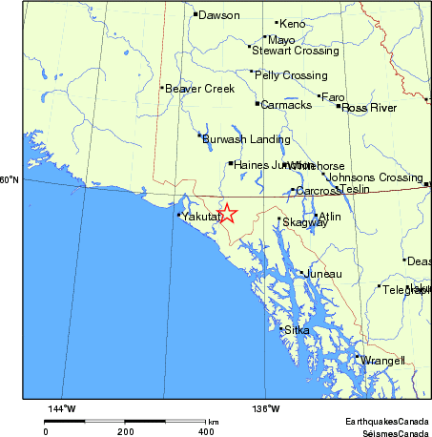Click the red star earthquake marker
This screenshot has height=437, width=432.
(x=227, y=215)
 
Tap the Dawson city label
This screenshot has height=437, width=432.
(x=218, y=14)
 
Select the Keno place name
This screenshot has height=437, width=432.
(x=292, y=23)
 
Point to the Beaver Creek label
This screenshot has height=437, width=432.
(x=199, y=89)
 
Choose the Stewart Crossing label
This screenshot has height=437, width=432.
(x=295, y=50)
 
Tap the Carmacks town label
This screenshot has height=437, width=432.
(x=286, y=105)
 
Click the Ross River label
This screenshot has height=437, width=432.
(x=369, y=108)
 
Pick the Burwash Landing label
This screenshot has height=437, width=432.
(x=246, y=139)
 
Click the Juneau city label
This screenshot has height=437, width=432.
(x=322, y=274)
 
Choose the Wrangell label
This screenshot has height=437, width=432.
(x=384, y=361)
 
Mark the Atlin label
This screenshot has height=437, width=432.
(x=329, y=217)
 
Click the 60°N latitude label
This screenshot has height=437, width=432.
(x=10, y=179)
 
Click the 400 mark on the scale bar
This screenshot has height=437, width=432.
(x=207, y=431)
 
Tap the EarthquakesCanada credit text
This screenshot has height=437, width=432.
(x=387, y=421)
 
